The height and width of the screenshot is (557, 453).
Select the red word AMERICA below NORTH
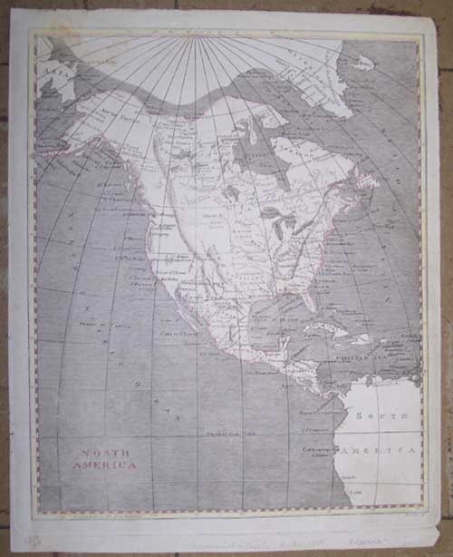coord(104,465)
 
